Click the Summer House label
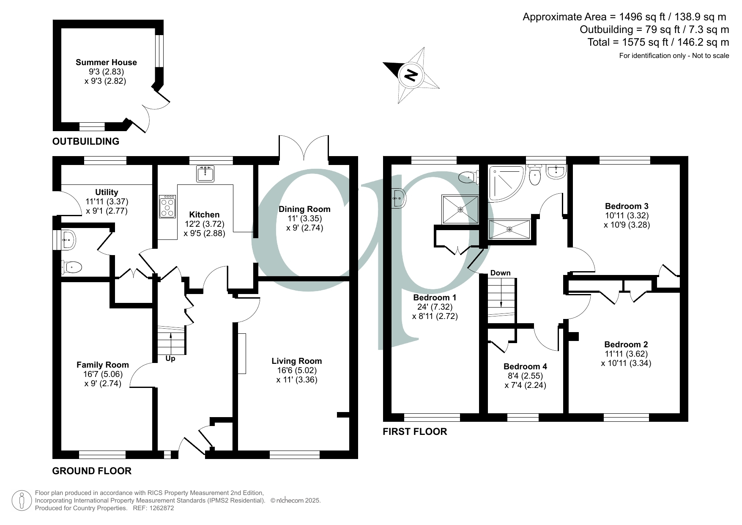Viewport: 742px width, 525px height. [106, 62]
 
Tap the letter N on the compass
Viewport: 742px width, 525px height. [411, 75]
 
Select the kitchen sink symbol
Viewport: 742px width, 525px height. [205, 173]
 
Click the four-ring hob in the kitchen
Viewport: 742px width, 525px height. [167, 206]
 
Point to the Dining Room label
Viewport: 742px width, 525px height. [304, 209]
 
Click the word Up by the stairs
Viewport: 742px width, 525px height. [170, 359]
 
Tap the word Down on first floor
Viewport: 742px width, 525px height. [501, 273]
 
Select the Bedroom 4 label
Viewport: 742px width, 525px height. [525, 366]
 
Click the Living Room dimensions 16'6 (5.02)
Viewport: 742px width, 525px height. [296, 370]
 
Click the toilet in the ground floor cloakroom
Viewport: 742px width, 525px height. [72, 267]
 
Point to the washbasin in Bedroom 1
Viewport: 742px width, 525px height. [399, 198]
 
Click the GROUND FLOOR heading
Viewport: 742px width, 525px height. [92, 471]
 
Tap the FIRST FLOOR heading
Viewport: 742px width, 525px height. [414, 432]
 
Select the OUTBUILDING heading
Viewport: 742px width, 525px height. [85, 141]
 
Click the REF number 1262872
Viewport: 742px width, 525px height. [159, 508]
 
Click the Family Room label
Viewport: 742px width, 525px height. [102, 365]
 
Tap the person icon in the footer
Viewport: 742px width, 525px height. [22, 500]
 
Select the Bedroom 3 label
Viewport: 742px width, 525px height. [627, 206]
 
